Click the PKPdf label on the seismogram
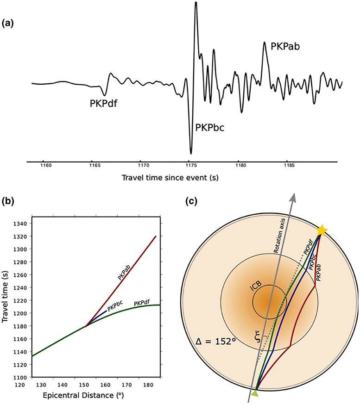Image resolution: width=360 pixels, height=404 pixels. tap(103, 103)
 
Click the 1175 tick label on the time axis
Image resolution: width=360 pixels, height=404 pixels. tap(190, 165)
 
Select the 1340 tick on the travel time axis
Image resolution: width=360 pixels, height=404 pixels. tap(21, 224)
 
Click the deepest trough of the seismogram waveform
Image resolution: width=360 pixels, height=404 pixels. tap(191, 153)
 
